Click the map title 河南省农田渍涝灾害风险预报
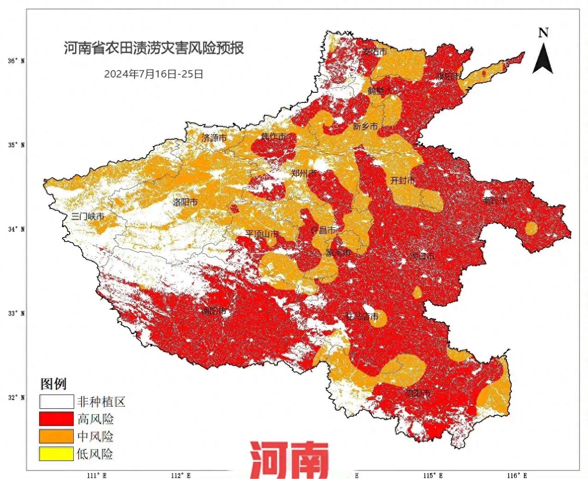coord(153,48)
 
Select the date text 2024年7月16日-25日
coord(153,74)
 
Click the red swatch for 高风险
coord(56,419)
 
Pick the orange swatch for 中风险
coord(56,437)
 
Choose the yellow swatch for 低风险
coord(56,454)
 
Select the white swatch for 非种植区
coord(56,401)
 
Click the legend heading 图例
coord(53,384)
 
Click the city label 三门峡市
coord(88,216)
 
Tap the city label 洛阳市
coord(185,202)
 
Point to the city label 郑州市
coord(304,174)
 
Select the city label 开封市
coord(403,180)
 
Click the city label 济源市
coord(214,138)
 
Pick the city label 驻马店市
coord(362,317)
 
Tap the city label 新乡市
coord(365,126)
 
